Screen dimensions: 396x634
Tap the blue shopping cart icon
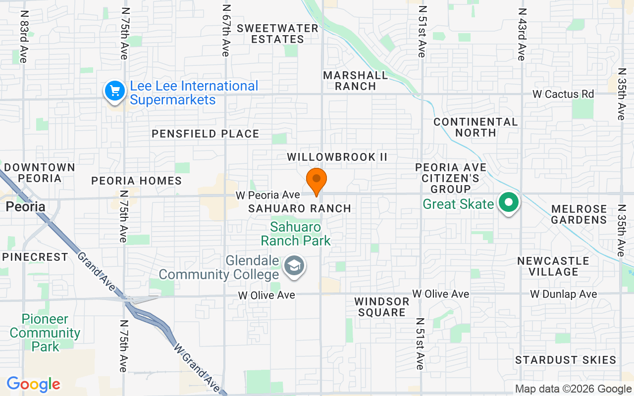tap(115, 91)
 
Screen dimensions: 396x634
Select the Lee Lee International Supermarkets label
tap(194, 93)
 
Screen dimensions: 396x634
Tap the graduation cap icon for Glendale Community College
tap(294, 266)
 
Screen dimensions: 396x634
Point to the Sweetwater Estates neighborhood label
tap(277, 34)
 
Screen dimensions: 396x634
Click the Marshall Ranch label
tap(356, 81)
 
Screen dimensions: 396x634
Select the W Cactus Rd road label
tap(563, 94)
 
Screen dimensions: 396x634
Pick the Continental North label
tap(475, 127)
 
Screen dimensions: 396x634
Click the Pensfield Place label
tap(206, 134)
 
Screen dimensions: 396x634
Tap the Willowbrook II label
tap(337, 157)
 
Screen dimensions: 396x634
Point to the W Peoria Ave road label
tap(267, 195)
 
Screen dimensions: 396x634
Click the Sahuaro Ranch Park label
tap(296, 234)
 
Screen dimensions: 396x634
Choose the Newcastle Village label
tap(553, 266)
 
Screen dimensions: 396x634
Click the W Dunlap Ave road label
tap(563, 295)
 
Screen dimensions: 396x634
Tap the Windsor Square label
tap(382, 307)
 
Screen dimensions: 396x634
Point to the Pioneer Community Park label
tap(45, 333)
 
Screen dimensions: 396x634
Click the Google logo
tap(33, 384)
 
